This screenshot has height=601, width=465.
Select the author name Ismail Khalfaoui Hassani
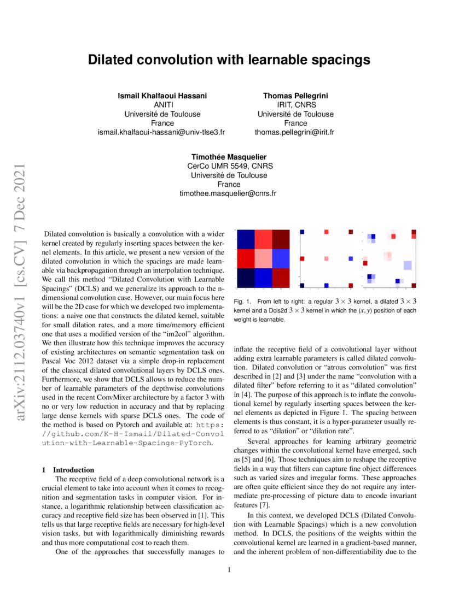point(162,96)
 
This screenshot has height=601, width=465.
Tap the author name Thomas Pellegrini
point(295,96)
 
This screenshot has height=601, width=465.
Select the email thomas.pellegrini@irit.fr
point(295,132)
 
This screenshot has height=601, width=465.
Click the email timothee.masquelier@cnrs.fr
point(229,193)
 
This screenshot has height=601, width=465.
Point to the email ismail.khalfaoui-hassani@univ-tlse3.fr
point(162,132)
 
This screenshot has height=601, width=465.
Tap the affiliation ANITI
point(162,105)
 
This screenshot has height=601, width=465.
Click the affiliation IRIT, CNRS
point(295,105)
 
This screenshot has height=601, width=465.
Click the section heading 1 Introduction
point(68,469)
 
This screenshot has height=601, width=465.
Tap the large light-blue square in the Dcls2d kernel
point(407,266)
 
